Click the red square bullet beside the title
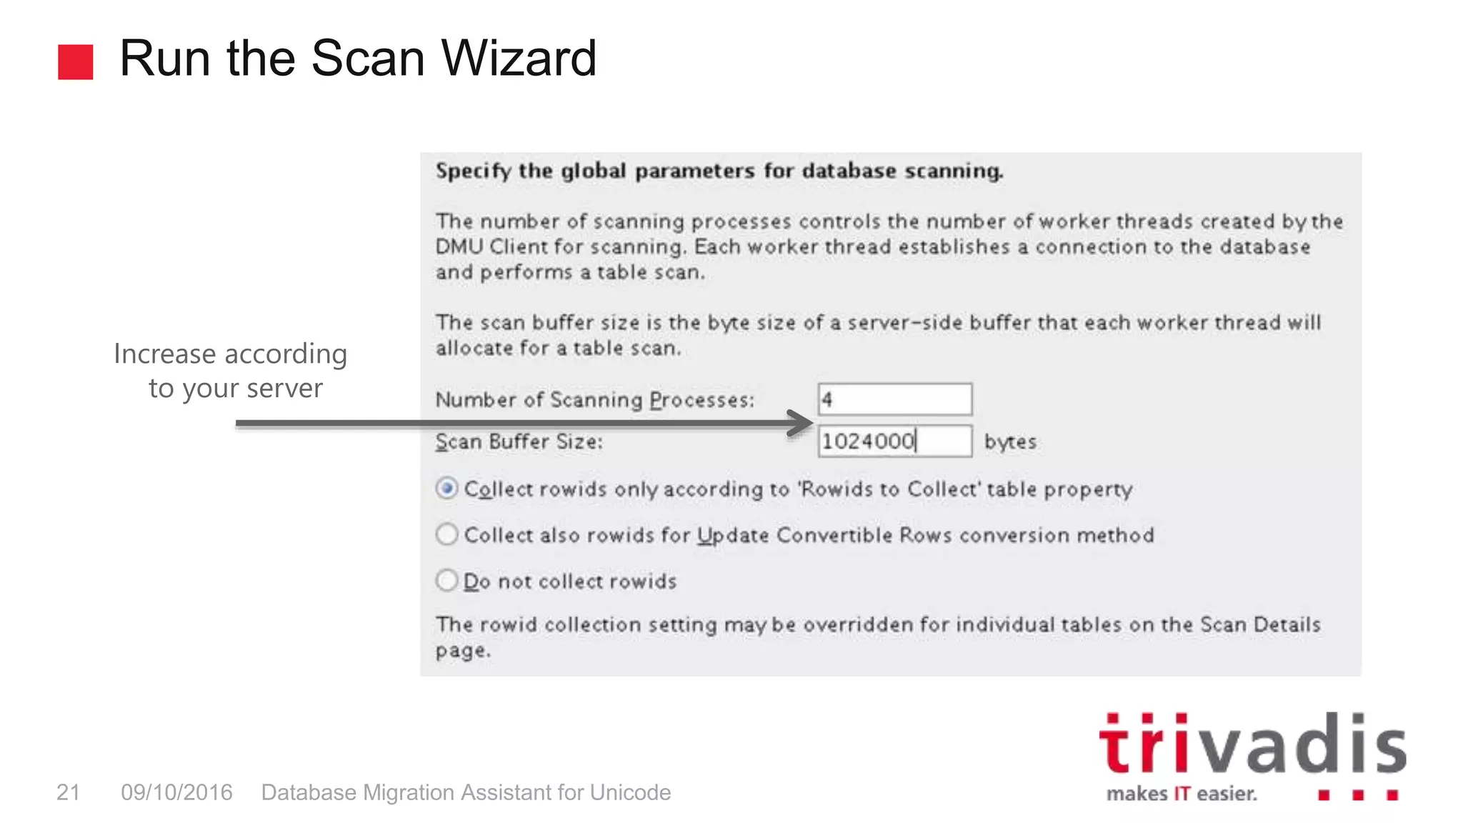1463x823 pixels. (x=76, y=62)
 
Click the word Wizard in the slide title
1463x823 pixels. (x=519, y=59)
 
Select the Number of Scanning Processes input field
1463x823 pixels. (x=894, y=399)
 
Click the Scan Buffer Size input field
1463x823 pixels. (x=894, y=441)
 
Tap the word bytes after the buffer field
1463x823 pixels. (x=1010, y=442)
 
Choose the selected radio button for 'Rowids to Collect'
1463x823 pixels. (x=447, y=489)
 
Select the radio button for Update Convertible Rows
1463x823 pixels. (x=447, y=534)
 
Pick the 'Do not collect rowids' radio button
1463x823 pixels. (x=447, y=580)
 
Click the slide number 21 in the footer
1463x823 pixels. (x=69, y=792)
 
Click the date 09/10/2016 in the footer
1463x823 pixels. (x=176, y=792)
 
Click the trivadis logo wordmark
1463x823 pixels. (x=1252, y=745)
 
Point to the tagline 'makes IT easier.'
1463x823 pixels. (x=1182, y=794)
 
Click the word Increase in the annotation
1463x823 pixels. (x=164, y=354)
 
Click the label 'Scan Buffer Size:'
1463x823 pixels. (x=519, y=442)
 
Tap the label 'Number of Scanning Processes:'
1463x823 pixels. (x=594, y=400)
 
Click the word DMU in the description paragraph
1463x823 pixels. (x=459, y=247)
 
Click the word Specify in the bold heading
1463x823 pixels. (x=473, y=171)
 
